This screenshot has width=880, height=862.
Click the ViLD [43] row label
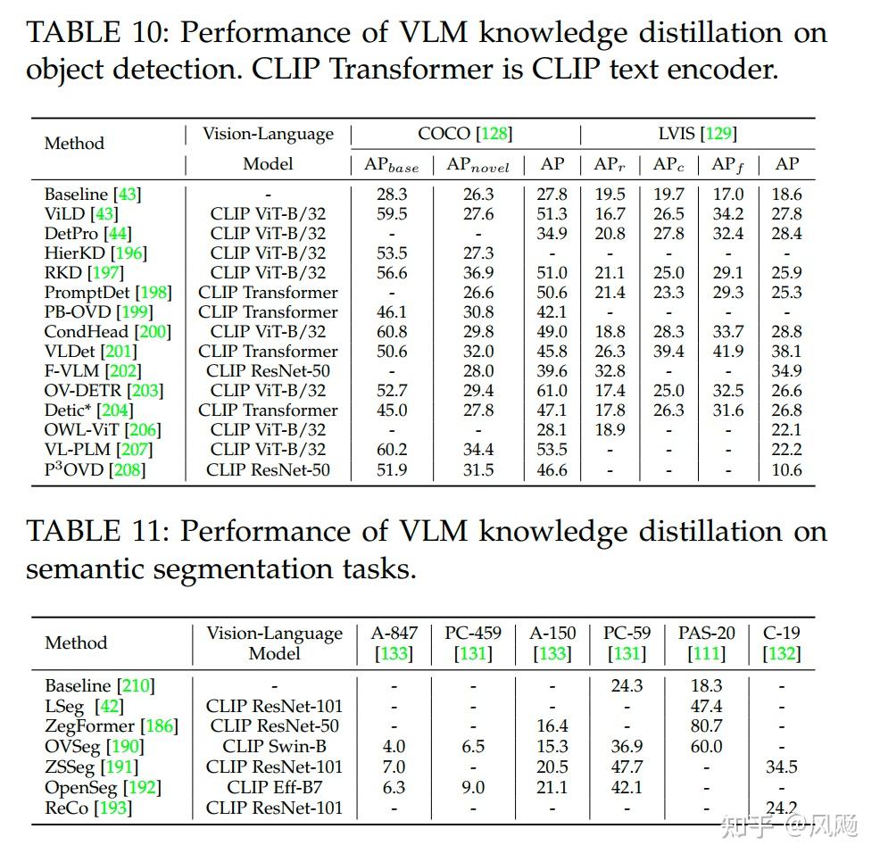[80, 214]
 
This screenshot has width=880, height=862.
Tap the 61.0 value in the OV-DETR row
[552, 391]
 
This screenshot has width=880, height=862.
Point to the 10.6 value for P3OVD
[786, 469]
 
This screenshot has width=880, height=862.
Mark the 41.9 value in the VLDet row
[728, 352]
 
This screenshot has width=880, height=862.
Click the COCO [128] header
[465, 134]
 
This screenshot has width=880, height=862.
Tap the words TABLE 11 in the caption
[95, 532]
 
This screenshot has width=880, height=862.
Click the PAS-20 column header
[706, 633]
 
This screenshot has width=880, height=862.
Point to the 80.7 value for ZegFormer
[706, 726]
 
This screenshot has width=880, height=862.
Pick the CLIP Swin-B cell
[274, 747]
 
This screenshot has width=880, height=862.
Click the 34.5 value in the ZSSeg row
[781, 767]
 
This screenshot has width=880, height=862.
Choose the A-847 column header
[394, 633]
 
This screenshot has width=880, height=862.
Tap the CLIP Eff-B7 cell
[274, 787]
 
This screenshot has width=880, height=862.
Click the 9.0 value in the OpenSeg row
[473, 787]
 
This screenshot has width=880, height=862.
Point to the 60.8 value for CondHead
[392, 332]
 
